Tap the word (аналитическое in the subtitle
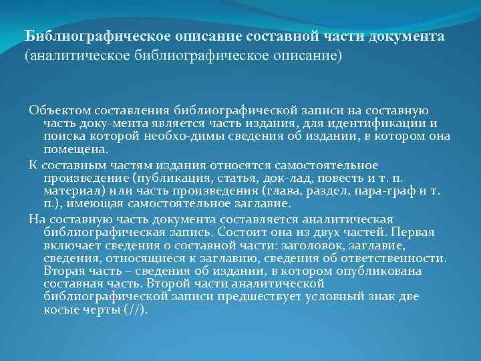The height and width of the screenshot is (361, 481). click(x=72, y=55)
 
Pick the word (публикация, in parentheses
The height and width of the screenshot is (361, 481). click(x=167, y=178)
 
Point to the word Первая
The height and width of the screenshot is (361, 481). click(x=415, y=233)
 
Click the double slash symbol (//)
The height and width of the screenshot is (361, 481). click(x=136, y=311)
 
